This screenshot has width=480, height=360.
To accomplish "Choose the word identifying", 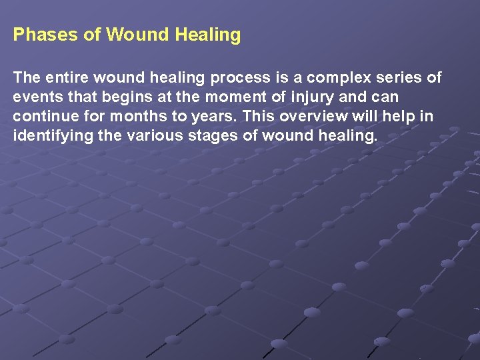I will point(49,136).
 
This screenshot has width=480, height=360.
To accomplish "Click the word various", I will point(147,136).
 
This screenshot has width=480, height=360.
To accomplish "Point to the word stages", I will point(208,136).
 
